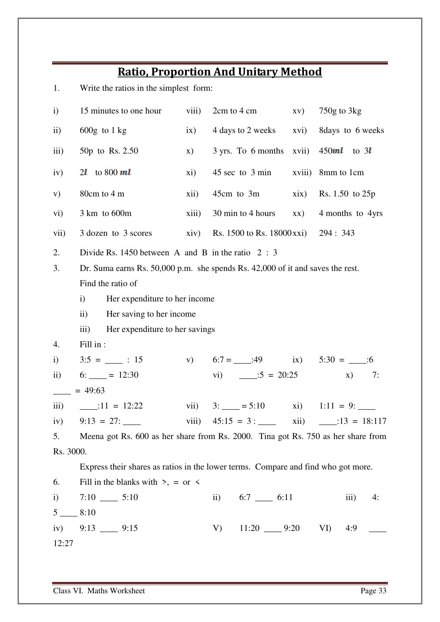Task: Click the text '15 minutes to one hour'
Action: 121,111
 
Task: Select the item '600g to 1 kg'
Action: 103,130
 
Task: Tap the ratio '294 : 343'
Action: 336,233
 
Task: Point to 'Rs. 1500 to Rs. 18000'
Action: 252,233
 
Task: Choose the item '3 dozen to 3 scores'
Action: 116,233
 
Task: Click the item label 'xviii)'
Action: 302,173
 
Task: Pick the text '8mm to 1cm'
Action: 341,173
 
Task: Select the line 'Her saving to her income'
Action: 151,314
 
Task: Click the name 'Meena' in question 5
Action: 92,436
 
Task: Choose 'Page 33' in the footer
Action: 373,591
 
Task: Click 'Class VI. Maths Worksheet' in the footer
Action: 99,591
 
